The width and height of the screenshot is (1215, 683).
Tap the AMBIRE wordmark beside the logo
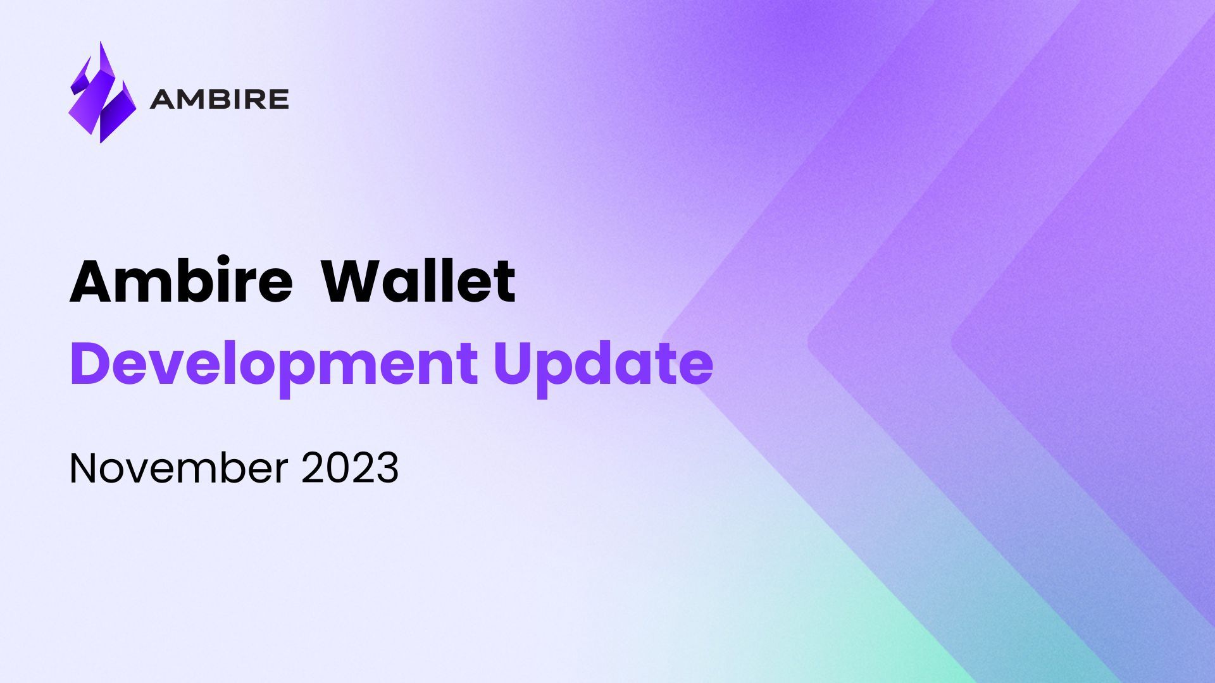pyautogui.click(x=220, y=99)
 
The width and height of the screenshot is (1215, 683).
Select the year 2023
pyautogui.click(x=350, y=469)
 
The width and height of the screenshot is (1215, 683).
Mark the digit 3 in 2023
pyautogui.click(x=387, y=469)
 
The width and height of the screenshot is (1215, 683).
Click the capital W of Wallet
pyautogui.click(x=352, y=282)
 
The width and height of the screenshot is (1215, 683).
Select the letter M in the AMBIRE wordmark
pyautogui.click(x=191, y=99)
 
